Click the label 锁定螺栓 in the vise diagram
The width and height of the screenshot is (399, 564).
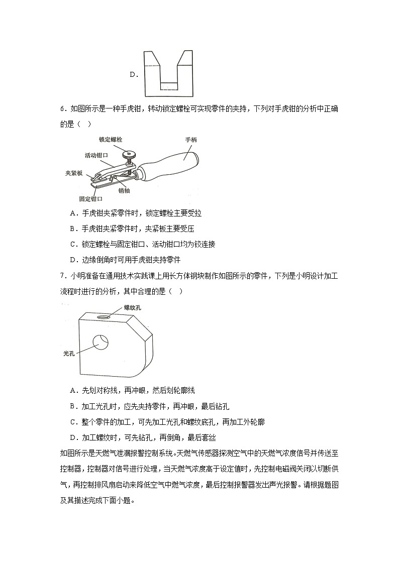(110, 139)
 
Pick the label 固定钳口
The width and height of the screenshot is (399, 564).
(91, 199)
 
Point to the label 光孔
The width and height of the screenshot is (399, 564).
(69, 354)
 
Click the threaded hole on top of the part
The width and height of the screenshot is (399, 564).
(105, 317)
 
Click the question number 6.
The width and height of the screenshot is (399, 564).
(62, 109)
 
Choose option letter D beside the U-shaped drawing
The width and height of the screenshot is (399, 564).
(133, 75)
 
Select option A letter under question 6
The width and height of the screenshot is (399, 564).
(73, 213)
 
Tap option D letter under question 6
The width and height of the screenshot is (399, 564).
(73, 260)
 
